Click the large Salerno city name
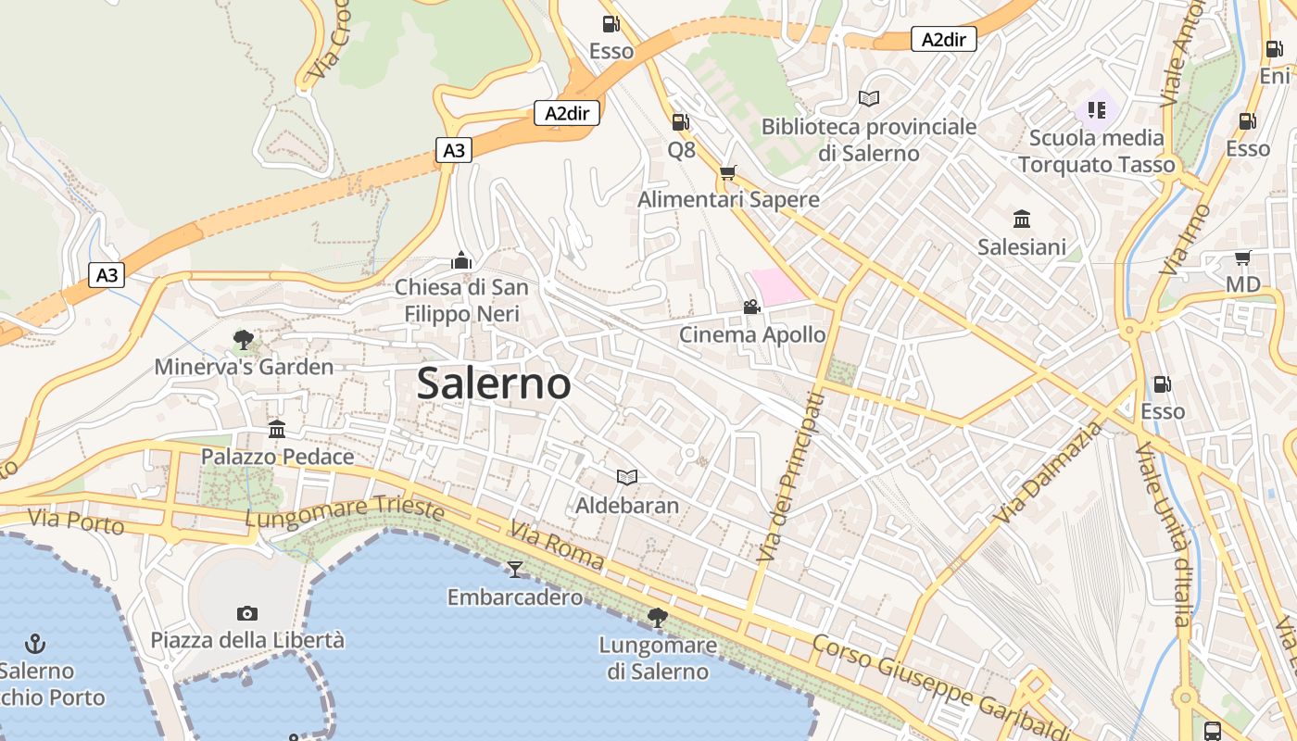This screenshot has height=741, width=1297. (x=493, y=383)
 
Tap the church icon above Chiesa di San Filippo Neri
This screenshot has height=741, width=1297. (x=461, y=260)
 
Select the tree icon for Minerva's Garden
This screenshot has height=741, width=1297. (x=244, y=340)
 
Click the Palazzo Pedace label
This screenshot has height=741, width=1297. (x=277, y=457)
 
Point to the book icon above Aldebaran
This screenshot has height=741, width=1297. (x=627, y=477)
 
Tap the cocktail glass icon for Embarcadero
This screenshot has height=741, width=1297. (x=515, y=569)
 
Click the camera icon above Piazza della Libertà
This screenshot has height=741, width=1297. (x=246, y=612)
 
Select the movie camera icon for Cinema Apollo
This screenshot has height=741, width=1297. (x=751, y=307)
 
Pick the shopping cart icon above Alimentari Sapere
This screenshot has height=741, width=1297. (x=728, y=172)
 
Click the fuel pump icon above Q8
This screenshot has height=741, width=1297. (x=680, y=121)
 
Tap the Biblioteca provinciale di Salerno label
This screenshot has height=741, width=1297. (x=868, y=139)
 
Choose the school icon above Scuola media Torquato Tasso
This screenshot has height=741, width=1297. (x=1097, y=111)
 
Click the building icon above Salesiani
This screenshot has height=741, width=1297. (x=1022, y=220)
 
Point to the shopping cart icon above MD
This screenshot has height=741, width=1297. (x=1242, y=257)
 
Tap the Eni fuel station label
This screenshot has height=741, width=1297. (x=1275, y=76)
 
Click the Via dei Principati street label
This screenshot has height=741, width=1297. (x=789, y=477)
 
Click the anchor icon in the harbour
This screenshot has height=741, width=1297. (x=35, y=642)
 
